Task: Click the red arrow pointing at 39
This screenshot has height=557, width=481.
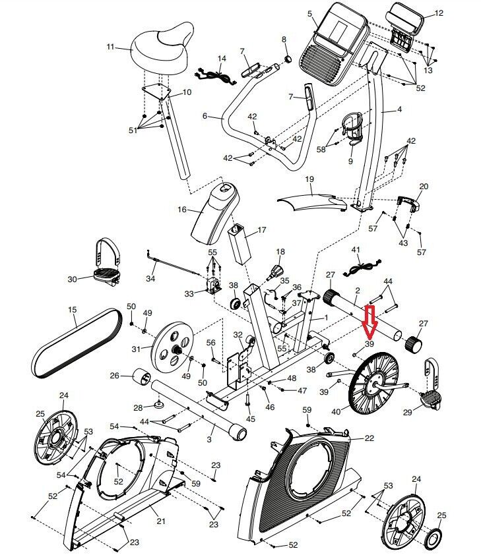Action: tap(369, 320)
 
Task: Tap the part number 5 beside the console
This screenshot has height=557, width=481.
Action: tap(309, 13)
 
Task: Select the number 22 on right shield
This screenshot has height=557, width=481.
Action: tap(369, 438)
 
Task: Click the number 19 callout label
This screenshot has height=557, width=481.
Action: tap(308, 179)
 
